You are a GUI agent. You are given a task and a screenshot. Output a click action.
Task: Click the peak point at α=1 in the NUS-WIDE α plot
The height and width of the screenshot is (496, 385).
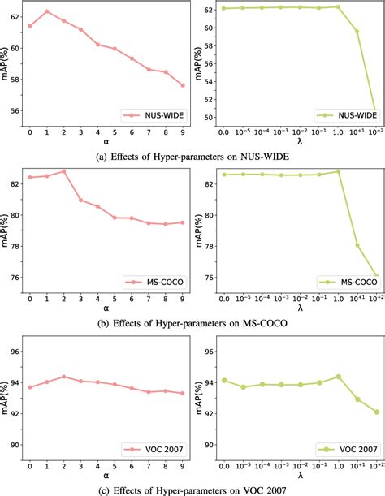pos(47,11)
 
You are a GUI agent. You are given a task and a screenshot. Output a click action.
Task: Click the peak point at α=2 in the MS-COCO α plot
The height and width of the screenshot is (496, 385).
pos(64,171)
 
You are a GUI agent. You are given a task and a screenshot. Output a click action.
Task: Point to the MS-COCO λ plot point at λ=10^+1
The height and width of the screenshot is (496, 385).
pos(357,244)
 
